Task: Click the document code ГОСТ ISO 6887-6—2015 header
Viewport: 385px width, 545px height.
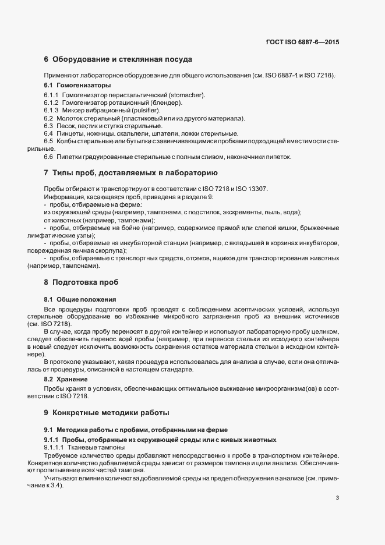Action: tap(303, 42)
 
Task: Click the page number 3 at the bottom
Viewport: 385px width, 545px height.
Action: tap(338, 498)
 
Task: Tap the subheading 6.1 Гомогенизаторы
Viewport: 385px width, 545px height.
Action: tap(73, 86)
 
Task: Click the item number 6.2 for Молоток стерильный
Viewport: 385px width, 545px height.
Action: tap(49, 118)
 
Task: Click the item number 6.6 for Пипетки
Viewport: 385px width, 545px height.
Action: tap(49, 157)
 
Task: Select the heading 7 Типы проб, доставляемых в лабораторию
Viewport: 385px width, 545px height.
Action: tap(130, 174)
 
